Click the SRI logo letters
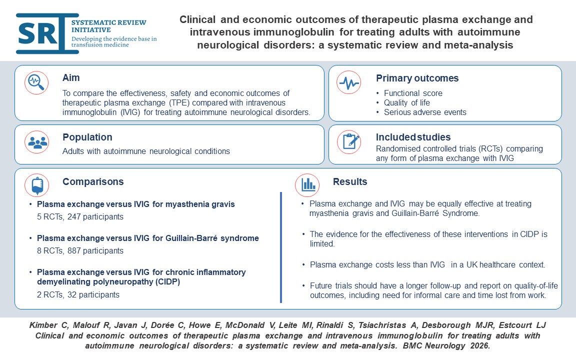[x=41, y=33]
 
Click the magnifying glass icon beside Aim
[x=36, y=83]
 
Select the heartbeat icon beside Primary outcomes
[x=348, y=83]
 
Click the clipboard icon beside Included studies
[x=348, y=142]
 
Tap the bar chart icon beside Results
[x=307, y=185]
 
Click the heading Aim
[x=71, y=78]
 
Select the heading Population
[x=87, y=137]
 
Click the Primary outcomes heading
[x=417, y=78]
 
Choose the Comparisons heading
[x=93, y=181]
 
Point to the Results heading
[x=350, y=181]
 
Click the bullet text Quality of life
[x=406, y=102]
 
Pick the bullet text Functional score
[x=413, y=93]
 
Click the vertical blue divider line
[x=281, y=247]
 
